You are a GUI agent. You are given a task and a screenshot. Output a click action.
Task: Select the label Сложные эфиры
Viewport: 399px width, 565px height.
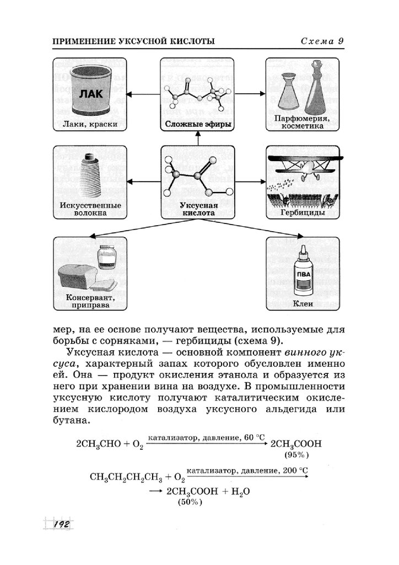tap(198, 124)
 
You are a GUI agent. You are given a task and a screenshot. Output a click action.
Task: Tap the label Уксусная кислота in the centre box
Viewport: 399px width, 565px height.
tap(198, 209)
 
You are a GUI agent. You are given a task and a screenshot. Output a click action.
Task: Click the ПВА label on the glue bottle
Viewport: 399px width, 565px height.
tap(304, 275)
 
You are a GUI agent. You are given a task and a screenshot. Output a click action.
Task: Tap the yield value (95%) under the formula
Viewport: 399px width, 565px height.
tap(296, 455)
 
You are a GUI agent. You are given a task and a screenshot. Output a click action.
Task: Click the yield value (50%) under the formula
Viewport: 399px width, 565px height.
tap(190, 503)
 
